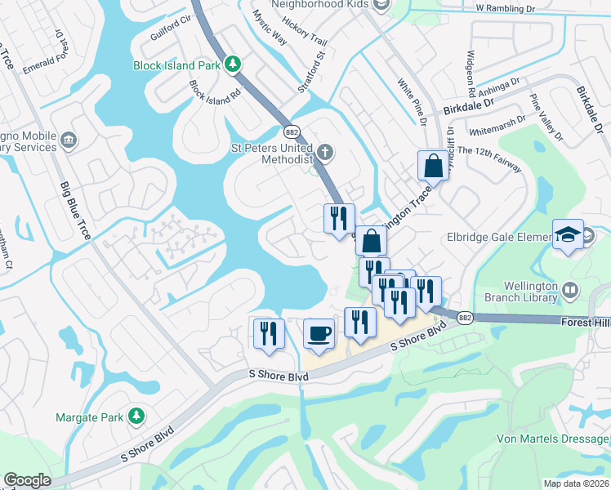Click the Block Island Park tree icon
233,64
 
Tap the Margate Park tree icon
136,417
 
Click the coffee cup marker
319,333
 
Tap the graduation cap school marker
568,234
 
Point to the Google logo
26,480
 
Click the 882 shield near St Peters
292,131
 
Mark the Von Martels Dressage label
553,439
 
